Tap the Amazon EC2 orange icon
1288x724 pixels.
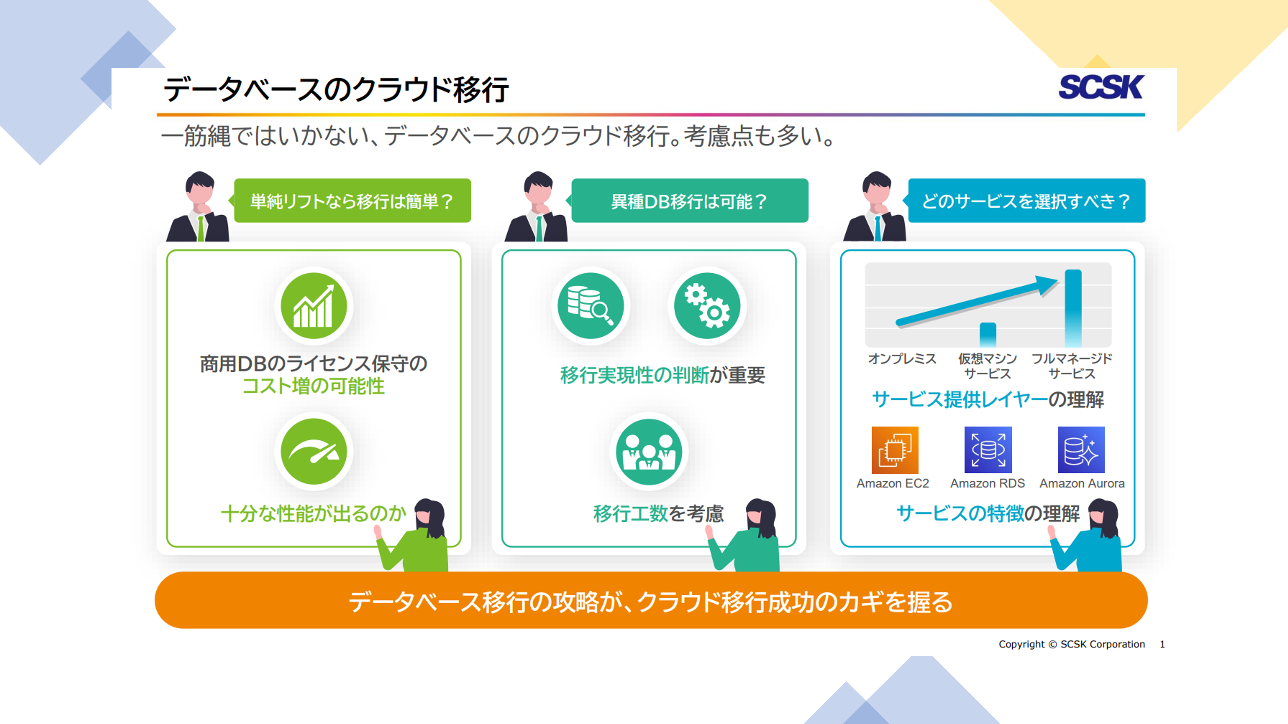pos(894,450)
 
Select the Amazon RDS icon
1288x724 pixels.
pos(988,450)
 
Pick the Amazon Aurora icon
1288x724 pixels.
pos(1081,450)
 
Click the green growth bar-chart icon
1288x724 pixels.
pos(313,306)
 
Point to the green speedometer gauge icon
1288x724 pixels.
pos(313,451)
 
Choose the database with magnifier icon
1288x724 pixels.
pos(591,306)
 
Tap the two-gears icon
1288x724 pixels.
pos(707,306)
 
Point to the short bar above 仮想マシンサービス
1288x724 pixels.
pos(988,335)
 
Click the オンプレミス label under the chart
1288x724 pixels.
pos(902,358)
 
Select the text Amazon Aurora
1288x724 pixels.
pos(1082,483)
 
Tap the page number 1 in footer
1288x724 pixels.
pos(1162,644)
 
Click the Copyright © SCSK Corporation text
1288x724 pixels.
pos(1071,644)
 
